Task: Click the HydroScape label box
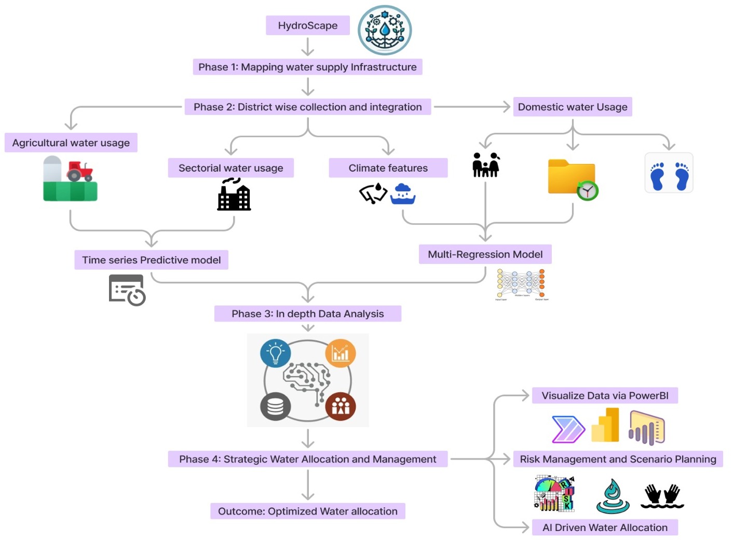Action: pyautogui.click(x=307, y=25)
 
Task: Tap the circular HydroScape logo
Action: pyautogui.click(x=385, y=30)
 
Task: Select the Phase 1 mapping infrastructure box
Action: pyautogui.click(x=307, y=67)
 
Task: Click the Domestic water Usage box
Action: pyautogui.click(x=572, y=107)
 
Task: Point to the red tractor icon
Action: pyautogui.click(x=79, y=171)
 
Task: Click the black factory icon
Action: pyautogui.click(x=234, y=195)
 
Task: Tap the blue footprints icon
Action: pyautogui.click(x=669, y=173)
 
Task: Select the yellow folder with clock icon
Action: pyautogui.click(x=573, y=179)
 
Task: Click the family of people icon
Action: pyautogui.click(x=485, y=165)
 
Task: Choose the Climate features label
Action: pyautogui.click(x=388, y=168)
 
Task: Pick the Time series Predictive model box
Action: pyautogui.click(x=151, y=260)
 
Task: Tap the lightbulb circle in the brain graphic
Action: pyautogui.click(x=275, y=354)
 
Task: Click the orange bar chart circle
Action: pyautogui.click(x=341, y=354)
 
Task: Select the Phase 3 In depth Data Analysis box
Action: pyautogui.click(x=307, y=314)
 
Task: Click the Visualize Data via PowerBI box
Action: pyautogui.click(x=605, y=396)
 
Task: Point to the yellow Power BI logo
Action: pyautogui.click(x=606, y=426)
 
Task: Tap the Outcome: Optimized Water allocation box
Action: pyautogui.click(x=307, y=511)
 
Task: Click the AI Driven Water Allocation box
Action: pyautogui.click(x=605, y=527)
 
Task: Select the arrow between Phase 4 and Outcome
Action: pyautogui.click(x=308, y=485)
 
